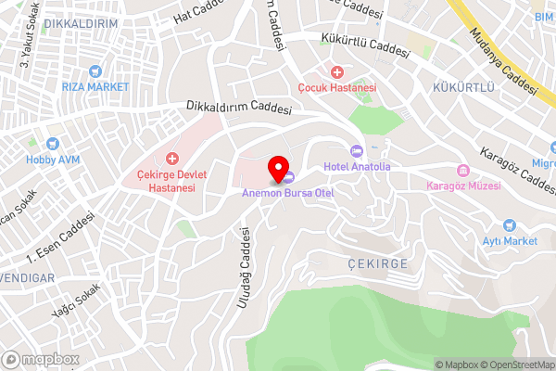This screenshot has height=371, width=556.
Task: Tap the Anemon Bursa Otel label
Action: pyautogui.click(x=287, y=193)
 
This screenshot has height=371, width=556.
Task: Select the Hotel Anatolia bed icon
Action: pyautogui.click(x=356, y=151)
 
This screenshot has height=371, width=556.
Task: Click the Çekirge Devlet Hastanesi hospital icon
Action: pyautogui.click(x=171, y=160)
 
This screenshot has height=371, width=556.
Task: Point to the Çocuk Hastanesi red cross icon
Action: pyautogui.click(x=337, y=72)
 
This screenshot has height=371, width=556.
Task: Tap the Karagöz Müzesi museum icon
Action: pyautogui.click(x=462, y=171)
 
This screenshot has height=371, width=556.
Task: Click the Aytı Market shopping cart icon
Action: pyautogui.click(x=509, y=225)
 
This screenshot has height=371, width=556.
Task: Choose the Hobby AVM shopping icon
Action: pyautogui.click(x=53, y=144)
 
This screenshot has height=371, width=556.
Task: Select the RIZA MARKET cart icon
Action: pyautogui.click(x=93, y=71)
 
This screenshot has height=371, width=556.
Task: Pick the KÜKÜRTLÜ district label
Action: pyautogui.click(x=463, y=87)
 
